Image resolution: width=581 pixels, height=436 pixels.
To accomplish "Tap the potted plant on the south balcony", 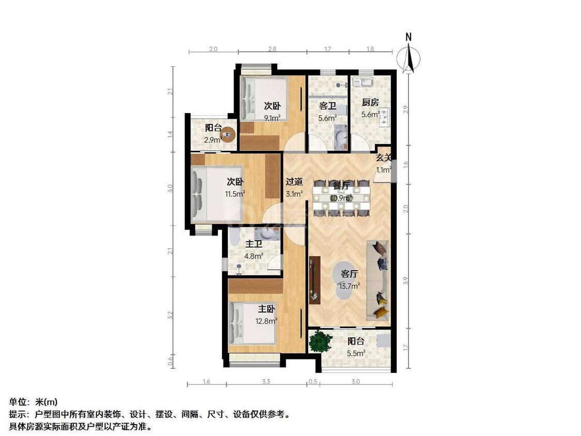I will [x=320, y=341].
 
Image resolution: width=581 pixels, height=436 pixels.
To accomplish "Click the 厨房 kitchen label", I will [x=370, y=102].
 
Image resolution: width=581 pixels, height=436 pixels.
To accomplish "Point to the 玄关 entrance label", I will [x=383, y=158].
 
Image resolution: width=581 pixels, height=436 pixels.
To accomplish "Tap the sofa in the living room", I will [x=378, y=279].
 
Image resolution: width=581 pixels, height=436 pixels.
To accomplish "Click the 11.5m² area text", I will [x=235, y=194].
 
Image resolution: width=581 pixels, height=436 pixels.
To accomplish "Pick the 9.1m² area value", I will [x=272, y=118].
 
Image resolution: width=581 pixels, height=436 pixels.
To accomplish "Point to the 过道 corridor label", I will [x=294, y=182].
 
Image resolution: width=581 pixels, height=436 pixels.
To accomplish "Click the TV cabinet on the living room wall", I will [x=314, y=279].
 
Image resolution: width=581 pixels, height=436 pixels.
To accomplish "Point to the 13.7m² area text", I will [x=350, y=285].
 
